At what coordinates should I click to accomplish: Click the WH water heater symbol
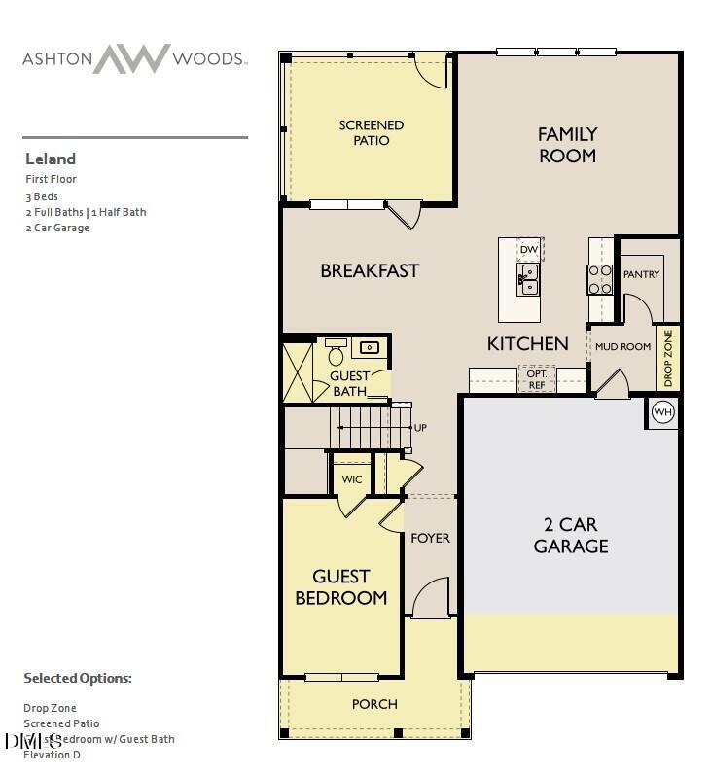pos(663,411)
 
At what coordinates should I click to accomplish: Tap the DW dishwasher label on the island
pos(529,250)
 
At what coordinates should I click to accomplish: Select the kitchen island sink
pos(528,279)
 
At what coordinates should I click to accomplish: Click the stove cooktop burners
pos(599,279)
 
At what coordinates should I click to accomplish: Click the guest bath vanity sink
pos(370,347)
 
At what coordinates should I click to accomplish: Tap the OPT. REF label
pos(537,379)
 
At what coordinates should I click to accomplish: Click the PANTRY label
pos(641,274)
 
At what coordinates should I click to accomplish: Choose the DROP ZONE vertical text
pos(667,356)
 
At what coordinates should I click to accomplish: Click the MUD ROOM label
pos(622,346)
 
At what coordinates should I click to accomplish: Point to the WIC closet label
pos(352,480)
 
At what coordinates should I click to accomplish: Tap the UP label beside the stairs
pos(420,428)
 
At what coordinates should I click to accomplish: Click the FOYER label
pos(430,538)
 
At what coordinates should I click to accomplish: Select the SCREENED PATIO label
pos(372,132)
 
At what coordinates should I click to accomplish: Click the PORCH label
pos(375,704)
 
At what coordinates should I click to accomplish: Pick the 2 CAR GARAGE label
pos(571,535)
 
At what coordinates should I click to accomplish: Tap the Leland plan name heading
pos(51,159)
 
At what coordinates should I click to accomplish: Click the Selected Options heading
pos(78,678)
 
